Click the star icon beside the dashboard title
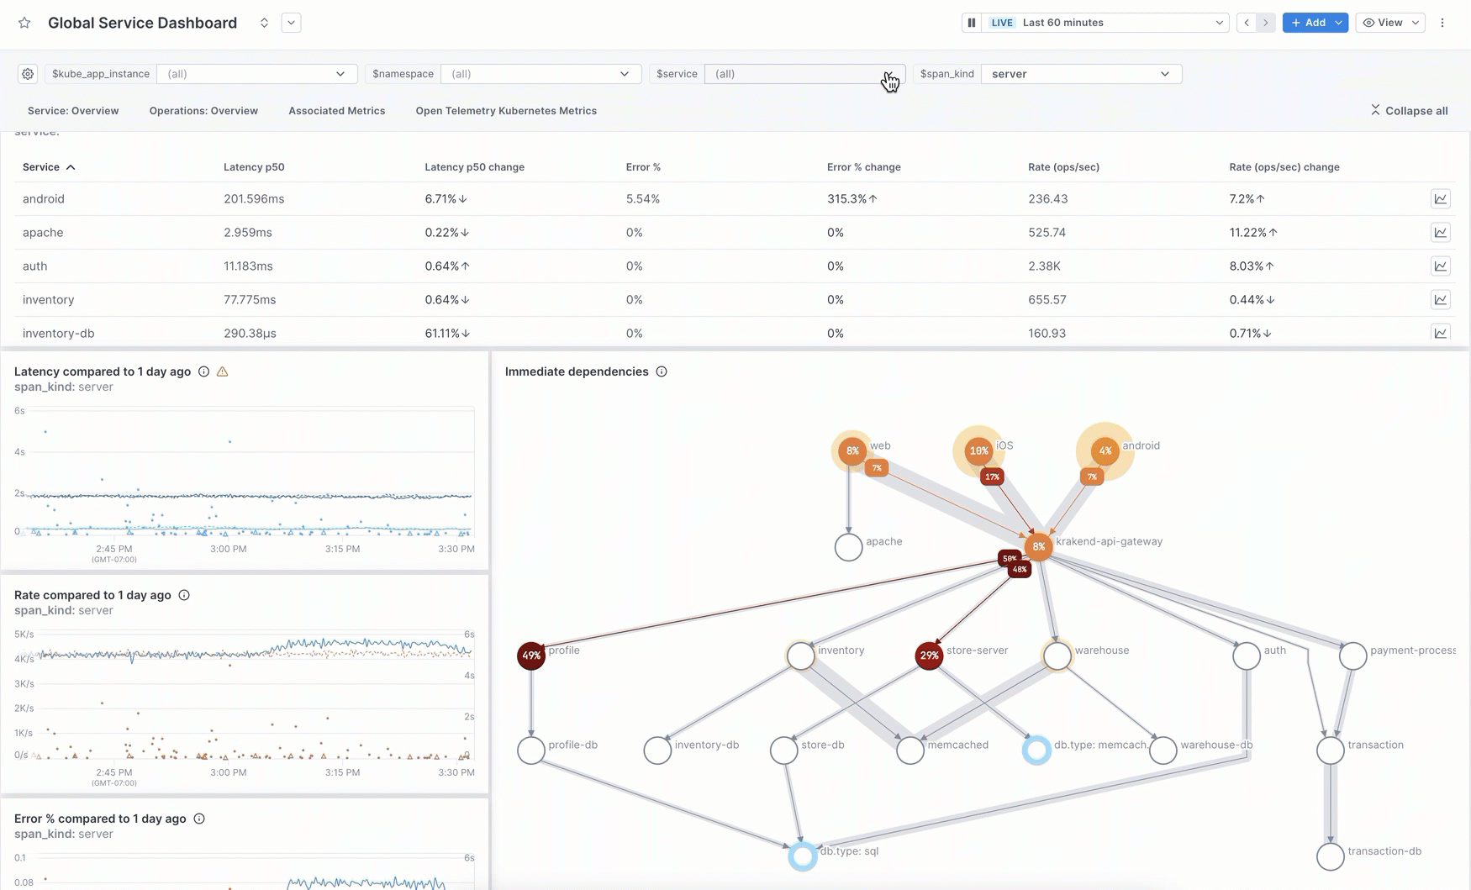[x=24, y=23]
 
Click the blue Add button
[x=1308, y=23]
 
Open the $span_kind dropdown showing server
[x=1080, y=74]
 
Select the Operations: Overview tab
[x=203, y=111]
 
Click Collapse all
[x=1409, y=111]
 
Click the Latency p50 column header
[x=254, y=167]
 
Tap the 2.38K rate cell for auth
[x=1044, y=266]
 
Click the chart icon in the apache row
[x=1440, y=233]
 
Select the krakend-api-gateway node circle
[x=1038, y=547]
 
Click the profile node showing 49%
[x=531, y=656]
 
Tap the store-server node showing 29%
[x=929, y=656]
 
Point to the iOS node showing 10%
[x=978, y=451]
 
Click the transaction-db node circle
[x=1330, y=856]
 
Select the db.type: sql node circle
[x=803, y=856]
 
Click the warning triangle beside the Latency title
[x=223, y=371]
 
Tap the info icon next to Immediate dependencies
[x=662, y=371]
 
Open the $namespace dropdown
[x=540, y=74]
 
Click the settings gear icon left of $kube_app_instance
[x=28, y=74]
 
